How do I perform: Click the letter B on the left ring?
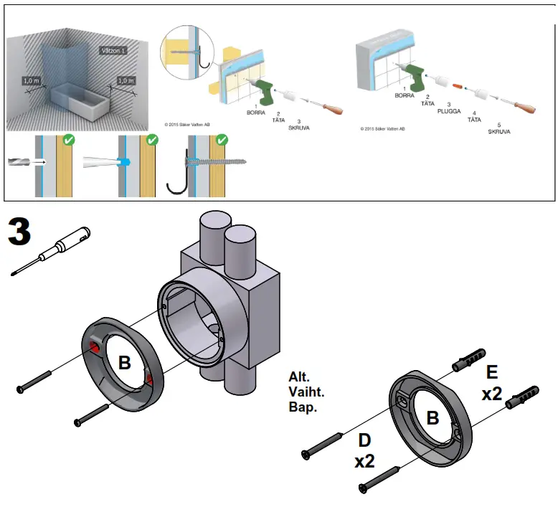click(125, 363)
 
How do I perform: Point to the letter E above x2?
click(491, 372)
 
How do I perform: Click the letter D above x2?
click(364, 439)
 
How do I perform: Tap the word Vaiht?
click(306, 393)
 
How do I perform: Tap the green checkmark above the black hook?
click(222, 141)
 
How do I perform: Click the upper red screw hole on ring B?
click(94, 348)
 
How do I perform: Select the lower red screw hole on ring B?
click(149, 378)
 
